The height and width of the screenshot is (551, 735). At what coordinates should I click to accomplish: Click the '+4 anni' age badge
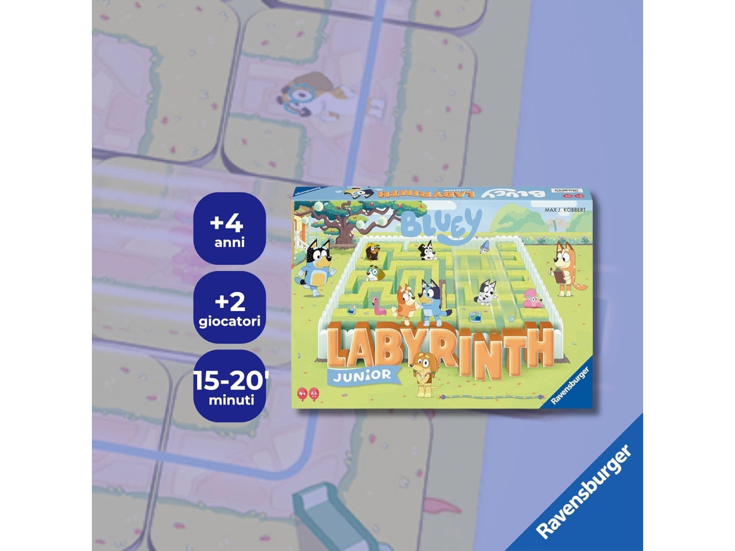229,228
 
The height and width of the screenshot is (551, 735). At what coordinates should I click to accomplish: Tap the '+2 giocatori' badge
229,306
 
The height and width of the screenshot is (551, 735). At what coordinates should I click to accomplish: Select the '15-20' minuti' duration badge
229,385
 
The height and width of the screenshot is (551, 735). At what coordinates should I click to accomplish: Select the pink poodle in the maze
532,299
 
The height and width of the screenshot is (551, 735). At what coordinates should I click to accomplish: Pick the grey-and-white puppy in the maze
485,291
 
